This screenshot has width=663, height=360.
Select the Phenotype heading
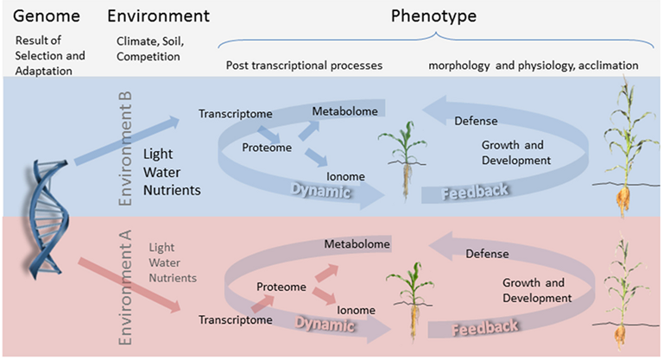tap(434, 16)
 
